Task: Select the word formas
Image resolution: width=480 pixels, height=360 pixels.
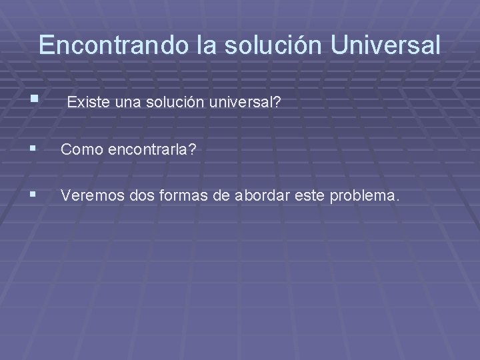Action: coord(172,196)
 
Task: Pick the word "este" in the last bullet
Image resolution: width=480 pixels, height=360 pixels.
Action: coord(295,196)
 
